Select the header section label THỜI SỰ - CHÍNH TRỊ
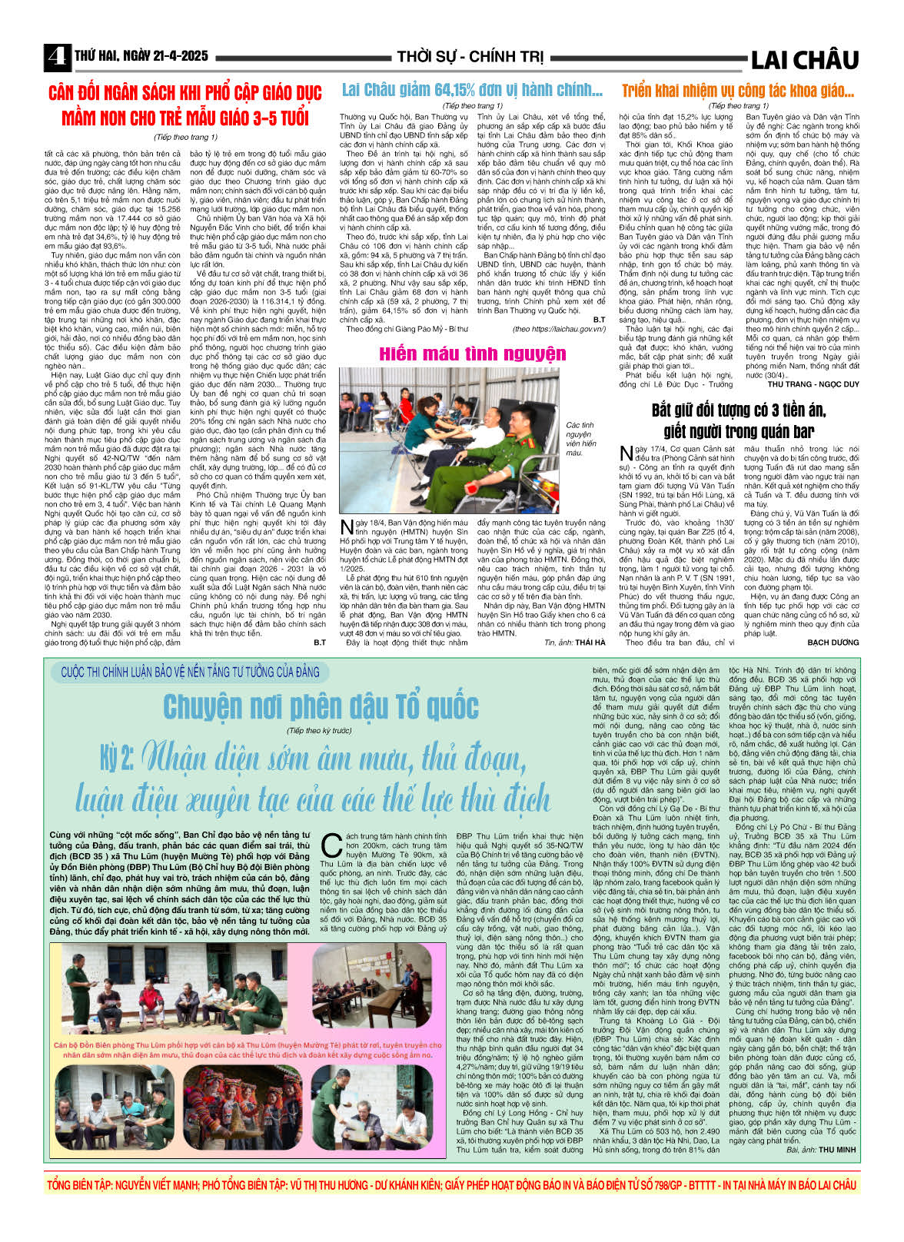(470, 57)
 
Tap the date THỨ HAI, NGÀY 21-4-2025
(141, 56)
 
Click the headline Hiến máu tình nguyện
(472, 354)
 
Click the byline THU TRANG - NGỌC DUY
(813, 384)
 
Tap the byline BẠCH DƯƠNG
(833, 641)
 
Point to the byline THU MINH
(837, 1149)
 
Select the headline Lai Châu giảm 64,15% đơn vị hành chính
(472, 90)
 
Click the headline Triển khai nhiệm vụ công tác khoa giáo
(737, 91)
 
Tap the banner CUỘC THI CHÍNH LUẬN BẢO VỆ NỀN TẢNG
(190, 672)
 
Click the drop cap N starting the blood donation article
(346, 526)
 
